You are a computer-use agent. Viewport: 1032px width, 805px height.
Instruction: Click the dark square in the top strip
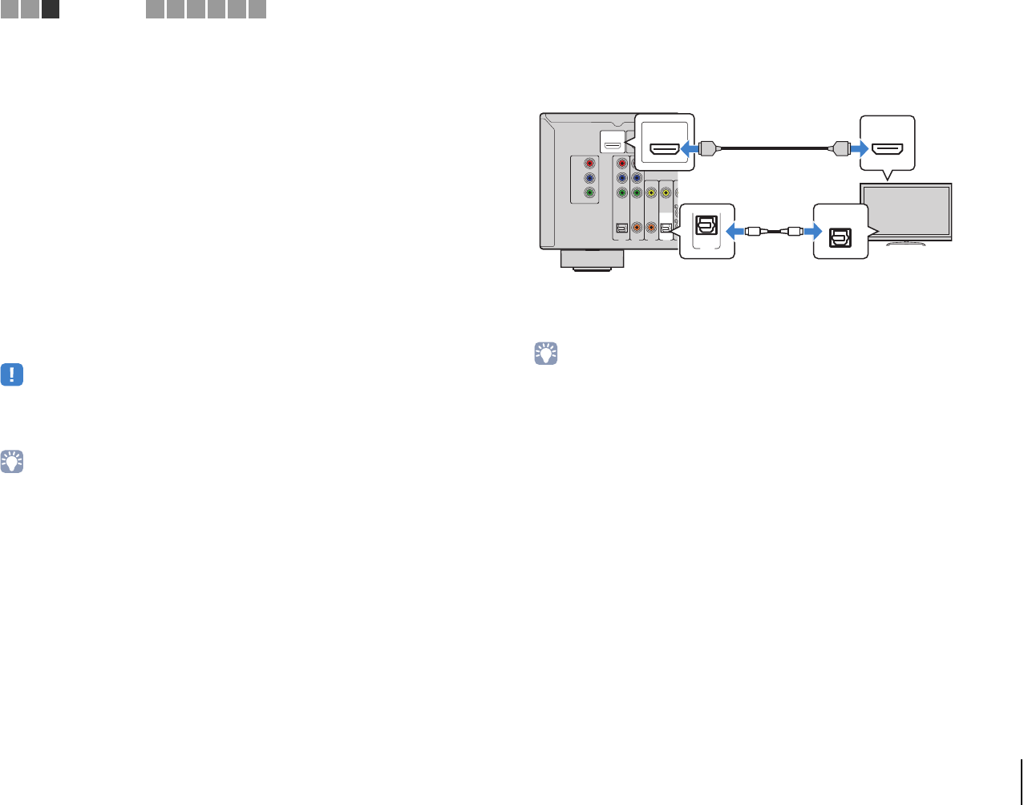click(50, 10)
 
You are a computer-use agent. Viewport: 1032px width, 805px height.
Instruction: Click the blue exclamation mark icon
click(12, 375)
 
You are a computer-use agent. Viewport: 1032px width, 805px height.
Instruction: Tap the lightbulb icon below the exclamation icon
click(12, 461)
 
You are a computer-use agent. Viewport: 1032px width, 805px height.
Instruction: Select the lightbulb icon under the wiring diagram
click(546, 354)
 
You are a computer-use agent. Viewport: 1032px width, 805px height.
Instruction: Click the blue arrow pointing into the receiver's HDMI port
click(689, 148)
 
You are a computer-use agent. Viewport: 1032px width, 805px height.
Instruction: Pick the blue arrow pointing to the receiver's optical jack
click(735, 232)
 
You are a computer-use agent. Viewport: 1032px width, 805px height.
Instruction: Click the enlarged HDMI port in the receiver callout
click(664, 148)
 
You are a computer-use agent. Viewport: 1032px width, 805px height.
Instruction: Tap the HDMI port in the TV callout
click(887, 148)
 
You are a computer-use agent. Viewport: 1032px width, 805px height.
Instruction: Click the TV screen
click(905, 210)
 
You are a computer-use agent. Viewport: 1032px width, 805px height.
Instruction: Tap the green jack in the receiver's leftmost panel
click(589, 193)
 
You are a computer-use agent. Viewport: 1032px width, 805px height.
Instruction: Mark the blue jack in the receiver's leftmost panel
click(589, 179)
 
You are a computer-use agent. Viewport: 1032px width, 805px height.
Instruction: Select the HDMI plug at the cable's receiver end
click(706, 148)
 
